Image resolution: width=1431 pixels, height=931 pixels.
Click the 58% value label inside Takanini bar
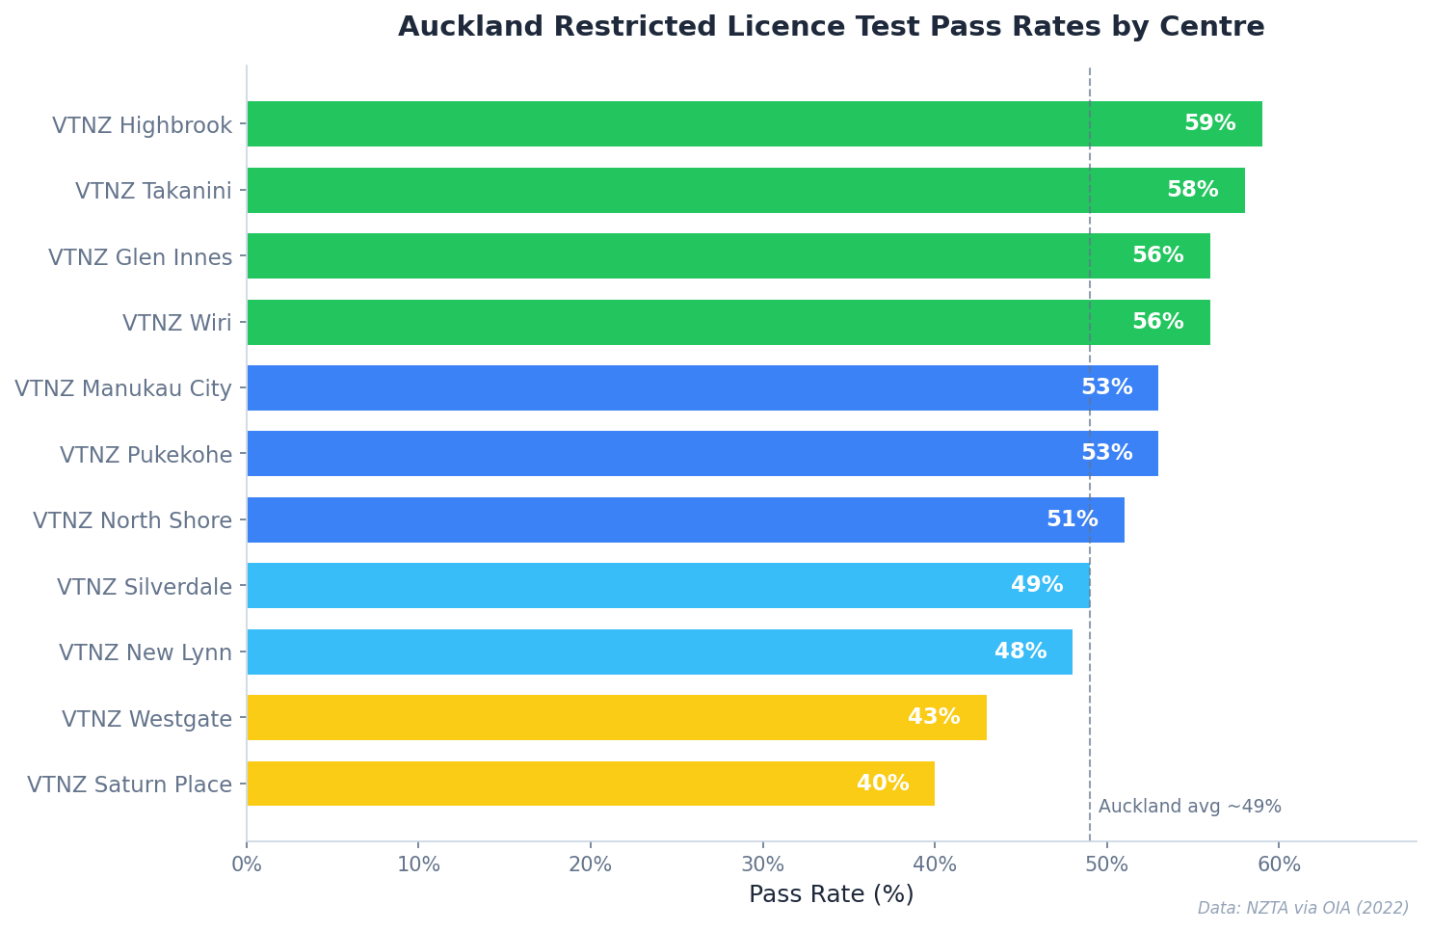coord(1192,190)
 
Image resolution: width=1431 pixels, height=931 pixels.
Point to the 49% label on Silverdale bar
coord(1037,586)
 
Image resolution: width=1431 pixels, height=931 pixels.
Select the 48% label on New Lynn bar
coord(1020,652)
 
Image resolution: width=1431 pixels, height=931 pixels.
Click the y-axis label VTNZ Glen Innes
coord(141,257)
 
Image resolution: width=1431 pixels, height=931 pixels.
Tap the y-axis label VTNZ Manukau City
coord(123,389)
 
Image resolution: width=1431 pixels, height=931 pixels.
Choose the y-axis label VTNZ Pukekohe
coord(146,455)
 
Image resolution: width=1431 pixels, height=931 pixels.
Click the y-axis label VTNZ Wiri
coord(177,323)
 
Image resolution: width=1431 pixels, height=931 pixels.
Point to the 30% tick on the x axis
coord(762,864)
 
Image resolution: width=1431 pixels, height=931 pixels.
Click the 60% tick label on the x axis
coord(1279,864)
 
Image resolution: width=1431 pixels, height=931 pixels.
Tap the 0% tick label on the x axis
coord(247,864)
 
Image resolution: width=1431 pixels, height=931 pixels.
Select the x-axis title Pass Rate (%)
coord(831,894)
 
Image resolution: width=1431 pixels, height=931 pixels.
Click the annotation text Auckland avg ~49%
coord(1189,807)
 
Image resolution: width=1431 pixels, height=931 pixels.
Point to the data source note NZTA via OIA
coord(1303,908)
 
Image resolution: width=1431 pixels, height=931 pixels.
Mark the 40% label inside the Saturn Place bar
coord(883,784)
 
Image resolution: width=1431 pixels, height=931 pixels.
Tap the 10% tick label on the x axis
coord(418,864)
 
